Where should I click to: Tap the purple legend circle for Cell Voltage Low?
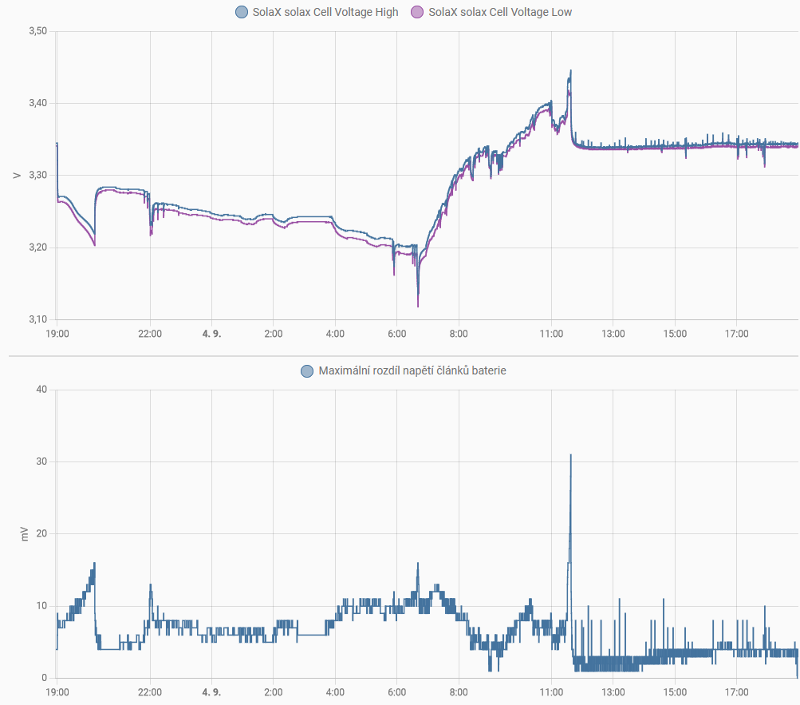tap(416, 12)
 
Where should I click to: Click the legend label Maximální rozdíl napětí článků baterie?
tap(412, 370)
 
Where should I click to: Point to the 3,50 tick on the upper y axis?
tap(37, 31)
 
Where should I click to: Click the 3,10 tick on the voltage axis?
tap(37, 319)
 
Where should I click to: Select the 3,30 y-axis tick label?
tap(37, 176)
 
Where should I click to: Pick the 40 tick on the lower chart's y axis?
tap(41, 390)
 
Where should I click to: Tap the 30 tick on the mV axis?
tap(41, 461)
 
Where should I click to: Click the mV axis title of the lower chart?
tap(24, 534)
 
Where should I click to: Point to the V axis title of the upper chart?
tap(17, 175)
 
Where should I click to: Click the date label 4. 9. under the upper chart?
tap(211, 334)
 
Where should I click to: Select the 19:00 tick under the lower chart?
tap(57, 692)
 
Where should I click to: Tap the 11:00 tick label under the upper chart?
tap(551, 334)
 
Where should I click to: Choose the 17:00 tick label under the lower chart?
tap(736, 692)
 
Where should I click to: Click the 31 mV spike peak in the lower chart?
tap(570, 455)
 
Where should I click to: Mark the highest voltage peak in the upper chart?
tap(570, 70)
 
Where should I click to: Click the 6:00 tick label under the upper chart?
tap(396, 334)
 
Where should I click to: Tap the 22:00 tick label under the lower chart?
tap(150, 692)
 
